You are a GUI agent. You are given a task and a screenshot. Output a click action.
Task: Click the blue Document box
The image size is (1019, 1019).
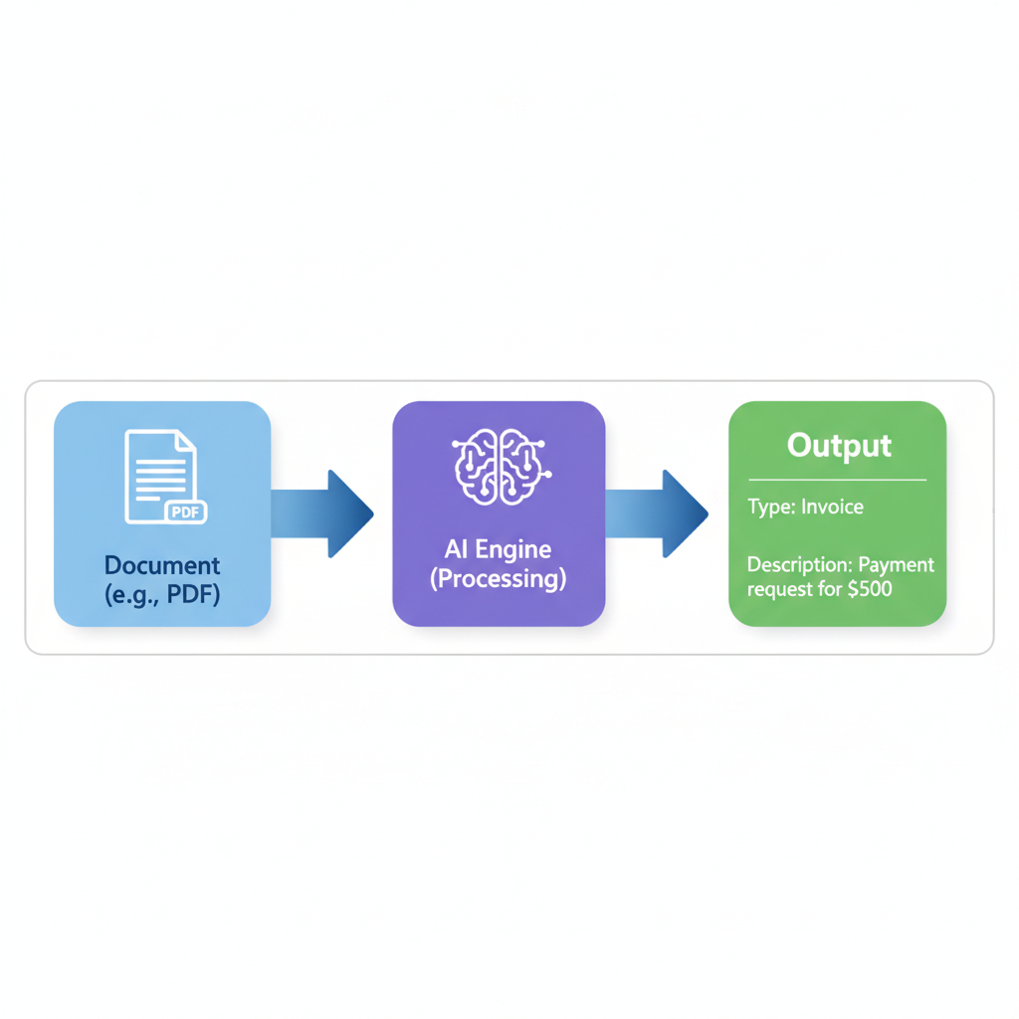coord(162,513)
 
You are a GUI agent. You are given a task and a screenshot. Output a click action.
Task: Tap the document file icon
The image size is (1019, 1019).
coord(160,476)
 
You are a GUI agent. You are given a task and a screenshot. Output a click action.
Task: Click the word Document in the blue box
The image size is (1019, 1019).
coord(162,565)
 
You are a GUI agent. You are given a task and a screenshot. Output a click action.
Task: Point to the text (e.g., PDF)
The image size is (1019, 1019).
coord(162,595)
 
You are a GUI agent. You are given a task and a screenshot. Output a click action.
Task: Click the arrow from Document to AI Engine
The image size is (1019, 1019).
coord(321,513)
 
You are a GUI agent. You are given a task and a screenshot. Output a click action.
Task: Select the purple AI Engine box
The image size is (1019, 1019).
coord(499,513)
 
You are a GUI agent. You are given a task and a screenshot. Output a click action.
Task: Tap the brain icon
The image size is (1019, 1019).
coord(499,464)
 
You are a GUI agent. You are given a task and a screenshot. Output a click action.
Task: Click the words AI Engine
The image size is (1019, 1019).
coord(499,549)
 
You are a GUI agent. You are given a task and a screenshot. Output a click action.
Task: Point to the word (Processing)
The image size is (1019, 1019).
coord(499,578)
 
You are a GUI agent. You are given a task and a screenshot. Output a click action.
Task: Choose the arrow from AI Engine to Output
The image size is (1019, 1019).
coord(657,513)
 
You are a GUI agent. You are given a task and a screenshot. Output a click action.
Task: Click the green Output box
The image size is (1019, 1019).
coord(837,513)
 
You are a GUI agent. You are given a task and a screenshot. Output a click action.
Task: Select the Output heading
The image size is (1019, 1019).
coord(839,445)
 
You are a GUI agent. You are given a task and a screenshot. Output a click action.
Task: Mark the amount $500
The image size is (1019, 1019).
coord(869,588)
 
